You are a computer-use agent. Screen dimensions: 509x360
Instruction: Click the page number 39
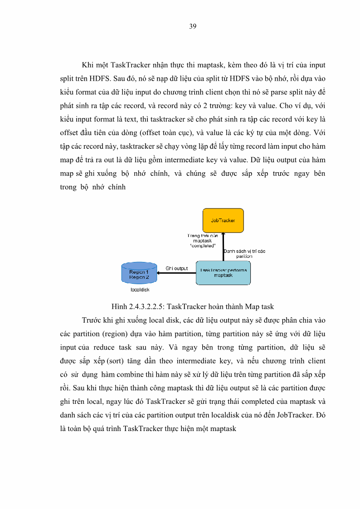click(192, 26)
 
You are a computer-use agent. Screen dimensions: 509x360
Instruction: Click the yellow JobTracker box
click(223, 220)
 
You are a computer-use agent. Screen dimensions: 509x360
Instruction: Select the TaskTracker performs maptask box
click(223, 272)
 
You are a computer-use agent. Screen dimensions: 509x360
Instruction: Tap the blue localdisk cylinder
click(139, 273)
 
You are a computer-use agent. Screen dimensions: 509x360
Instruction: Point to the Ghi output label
click(176, 268)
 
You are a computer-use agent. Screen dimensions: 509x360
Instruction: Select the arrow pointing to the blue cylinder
click(176, 273)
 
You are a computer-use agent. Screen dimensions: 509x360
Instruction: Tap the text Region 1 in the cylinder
click(139, 272)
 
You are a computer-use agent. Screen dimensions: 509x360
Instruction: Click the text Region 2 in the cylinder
click(139, 277)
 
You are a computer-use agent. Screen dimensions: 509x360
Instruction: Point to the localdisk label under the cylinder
click(140, 289)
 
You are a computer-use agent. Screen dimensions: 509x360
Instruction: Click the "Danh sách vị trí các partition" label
click(244, 253)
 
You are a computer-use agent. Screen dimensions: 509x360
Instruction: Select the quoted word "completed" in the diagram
click(202, 246)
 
